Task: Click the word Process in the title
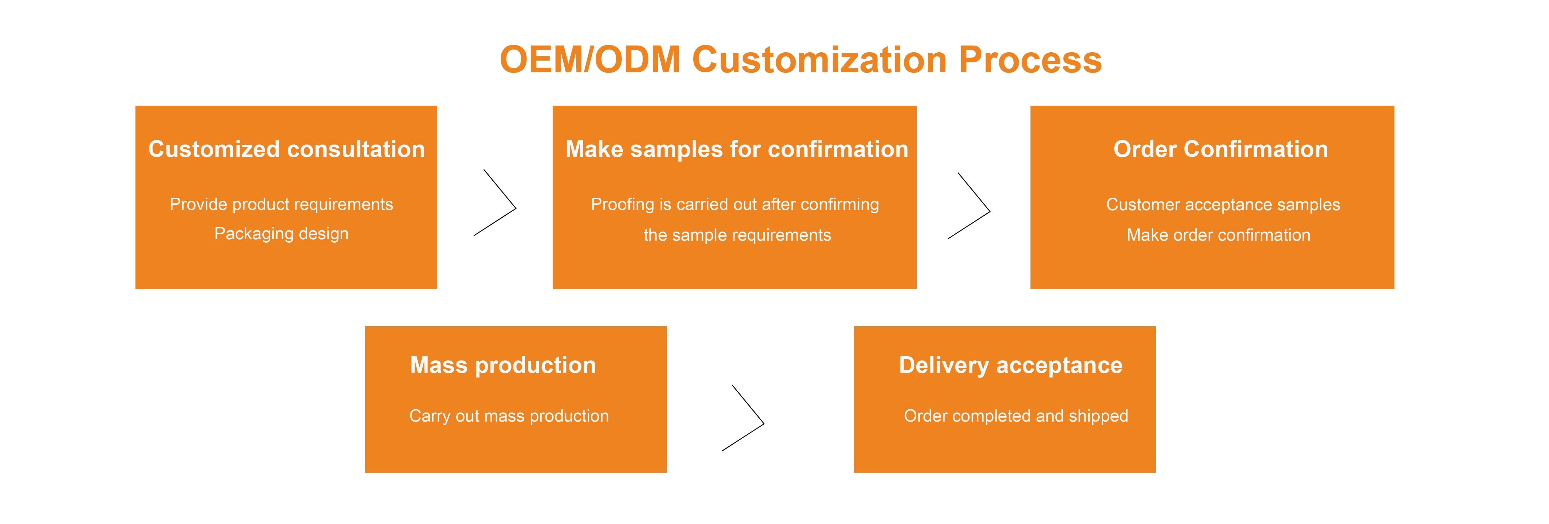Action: tap(1030, 60)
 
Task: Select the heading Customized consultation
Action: tap(286, 149)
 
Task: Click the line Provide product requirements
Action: tap(281, 204)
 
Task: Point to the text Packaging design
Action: tap(281, 234)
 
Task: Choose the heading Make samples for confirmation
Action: tap(737, 149)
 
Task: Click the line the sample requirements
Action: tap(737, 235)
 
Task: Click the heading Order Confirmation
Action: tap(1221, 149)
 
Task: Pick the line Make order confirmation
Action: tap(1218, 235)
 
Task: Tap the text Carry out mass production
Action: tap(509, 416)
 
